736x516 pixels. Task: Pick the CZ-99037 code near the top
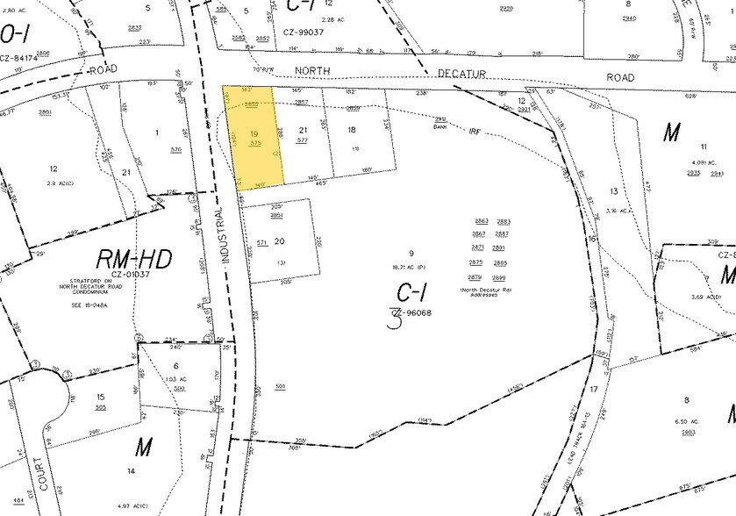(x=304, y=32)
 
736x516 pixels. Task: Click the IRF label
(x=475, y=131)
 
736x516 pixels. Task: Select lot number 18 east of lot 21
(x=352, y=130)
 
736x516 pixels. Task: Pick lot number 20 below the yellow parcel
(x=279, y=240)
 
